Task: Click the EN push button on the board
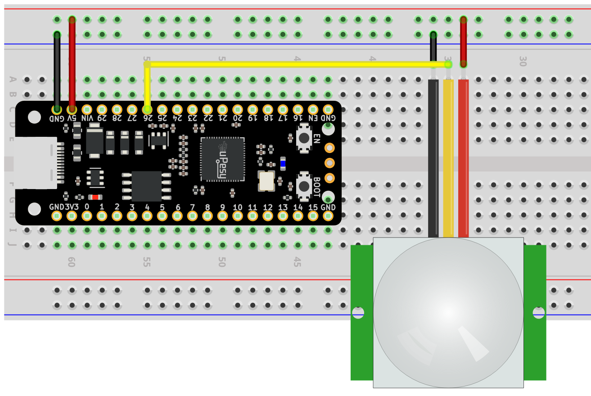[x=305, y=137]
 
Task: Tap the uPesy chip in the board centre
[x=222, y=159]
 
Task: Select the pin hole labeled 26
[x=147, y=109]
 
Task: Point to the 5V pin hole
[x=72, y=109]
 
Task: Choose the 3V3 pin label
[x=72, y=207]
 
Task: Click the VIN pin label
[x=87, y=118]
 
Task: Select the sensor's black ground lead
[x=433, y=157]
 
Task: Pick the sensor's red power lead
[x=463, y=157]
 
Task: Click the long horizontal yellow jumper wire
[x=297, y=64]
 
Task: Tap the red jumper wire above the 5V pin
[x=72, y=63]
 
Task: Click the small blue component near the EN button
[x=283, y=163]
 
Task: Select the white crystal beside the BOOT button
[x=266, y=180]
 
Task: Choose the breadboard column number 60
[x=71, y=262]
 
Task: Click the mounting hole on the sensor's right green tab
[x=537, y=313]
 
